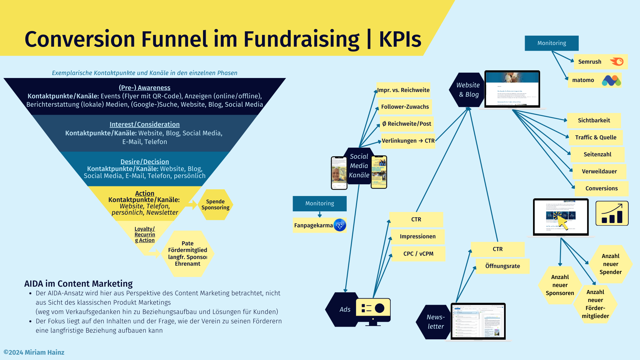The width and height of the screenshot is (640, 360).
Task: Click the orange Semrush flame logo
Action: (617, 62)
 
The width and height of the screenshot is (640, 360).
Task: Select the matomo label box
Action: (583, 80)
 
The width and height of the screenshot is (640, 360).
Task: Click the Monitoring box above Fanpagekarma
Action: (320, 203)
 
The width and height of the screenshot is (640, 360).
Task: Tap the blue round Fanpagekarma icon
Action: (340, 225)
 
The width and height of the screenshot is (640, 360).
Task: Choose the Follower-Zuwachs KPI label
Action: (405, 107)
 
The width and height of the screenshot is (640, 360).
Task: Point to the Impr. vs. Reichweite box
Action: (403, 90)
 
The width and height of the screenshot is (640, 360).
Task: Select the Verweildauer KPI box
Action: (599, 171)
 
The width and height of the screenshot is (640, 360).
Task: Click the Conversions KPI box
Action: (601, 188)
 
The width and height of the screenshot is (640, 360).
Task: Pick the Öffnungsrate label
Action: (502, 266)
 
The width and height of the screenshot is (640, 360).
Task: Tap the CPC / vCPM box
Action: (418, 254)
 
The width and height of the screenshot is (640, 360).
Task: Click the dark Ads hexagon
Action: (343, 309)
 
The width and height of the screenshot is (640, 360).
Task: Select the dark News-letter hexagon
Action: (434, 322)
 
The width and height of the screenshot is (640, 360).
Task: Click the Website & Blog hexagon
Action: (467, 90)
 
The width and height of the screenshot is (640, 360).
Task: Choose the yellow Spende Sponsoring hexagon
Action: (215, 204)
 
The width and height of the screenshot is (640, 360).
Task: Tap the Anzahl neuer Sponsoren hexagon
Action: (560, 285)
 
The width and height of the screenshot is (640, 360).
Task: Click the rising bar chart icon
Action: (612, 213)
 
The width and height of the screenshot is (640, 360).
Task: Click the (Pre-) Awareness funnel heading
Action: (144, 88)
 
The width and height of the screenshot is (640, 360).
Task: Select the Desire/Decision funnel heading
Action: (144, 162)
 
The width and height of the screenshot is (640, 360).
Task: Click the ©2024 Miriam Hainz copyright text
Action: (34, 352)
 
